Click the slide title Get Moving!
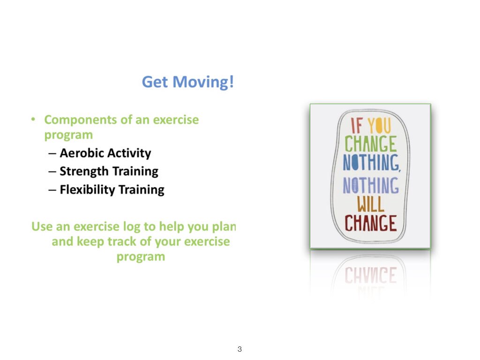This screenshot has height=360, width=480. (x=187, y=82)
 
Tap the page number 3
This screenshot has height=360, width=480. (x=240, y=349)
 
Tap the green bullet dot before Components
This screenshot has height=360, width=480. (x=33, y=120)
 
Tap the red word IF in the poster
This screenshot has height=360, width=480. (x=356, y=127)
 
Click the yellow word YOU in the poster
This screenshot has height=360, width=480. (x=380, y=127)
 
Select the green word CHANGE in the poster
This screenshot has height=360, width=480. (x=370, y=144)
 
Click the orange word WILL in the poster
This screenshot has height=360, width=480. (x=370, y=204)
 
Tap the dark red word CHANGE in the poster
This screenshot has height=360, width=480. (x=370, y=224)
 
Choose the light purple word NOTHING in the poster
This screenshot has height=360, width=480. (x=370, y=186)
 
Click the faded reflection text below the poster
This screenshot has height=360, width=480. (x=370, y=276)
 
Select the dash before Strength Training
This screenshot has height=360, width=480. (x=52, y=172)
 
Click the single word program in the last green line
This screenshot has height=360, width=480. (x=141, y=257)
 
